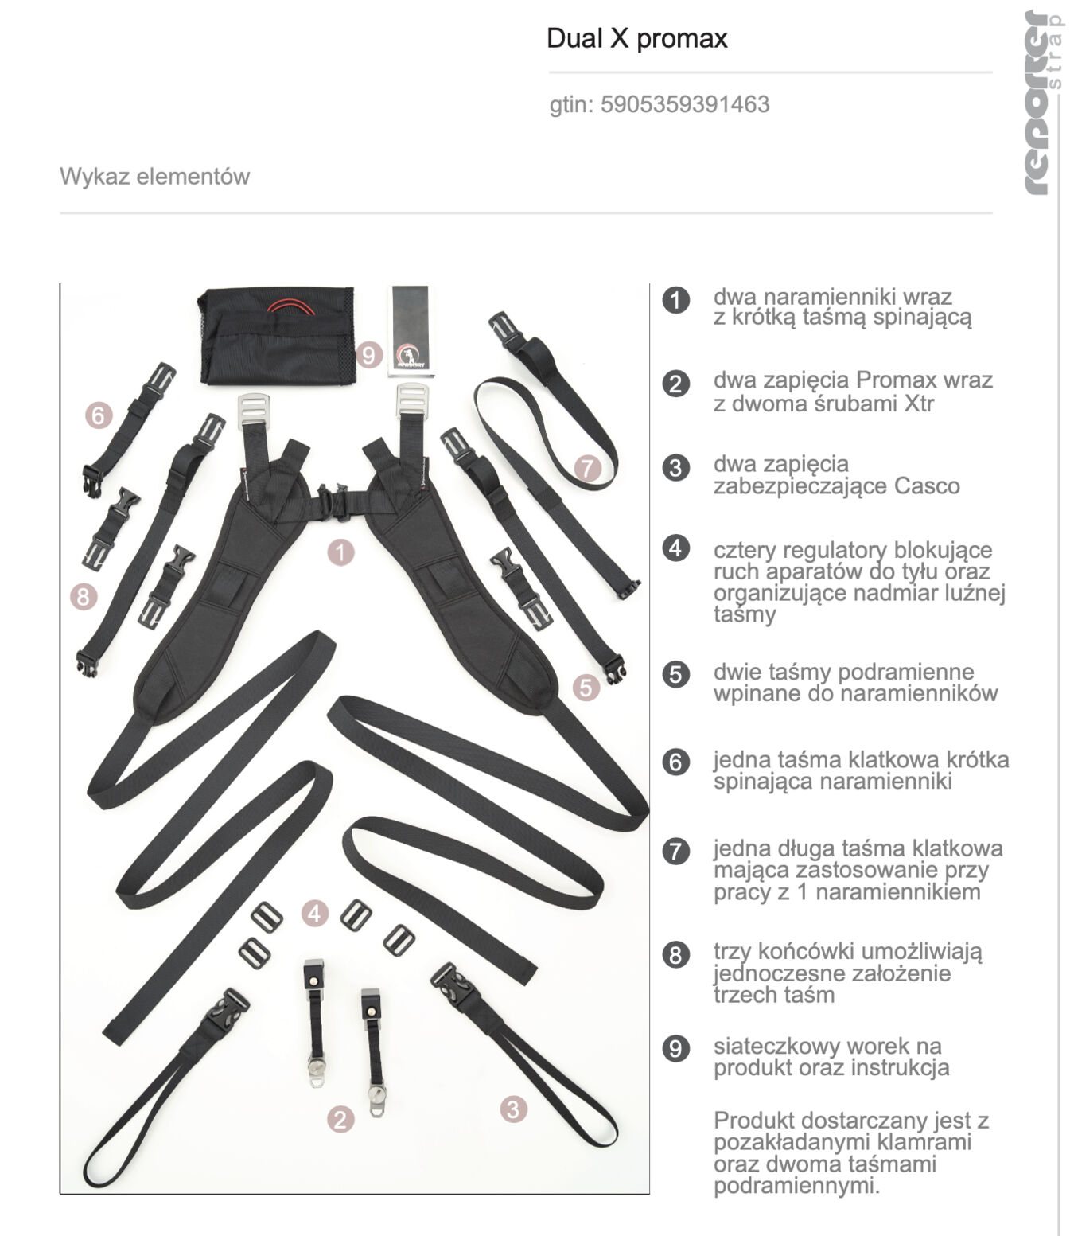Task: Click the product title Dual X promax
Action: point(636,38)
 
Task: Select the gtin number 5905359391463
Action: point(684,104)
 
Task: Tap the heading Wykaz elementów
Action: point(154,176)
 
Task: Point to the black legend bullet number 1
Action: point(676,300)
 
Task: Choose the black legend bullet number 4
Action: point(676,548)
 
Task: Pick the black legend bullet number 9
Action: point(676,1047)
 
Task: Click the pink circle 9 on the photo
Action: point(368,354)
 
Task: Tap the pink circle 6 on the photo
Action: point(99,415)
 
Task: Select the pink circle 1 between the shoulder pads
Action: point(340,552)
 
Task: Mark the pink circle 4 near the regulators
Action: point(314,913)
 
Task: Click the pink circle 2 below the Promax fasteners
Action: point(340,1119)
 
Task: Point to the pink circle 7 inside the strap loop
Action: point(588,467)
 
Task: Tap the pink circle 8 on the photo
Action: point(84,595)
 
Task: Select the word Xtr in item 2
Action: point(918,403)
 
